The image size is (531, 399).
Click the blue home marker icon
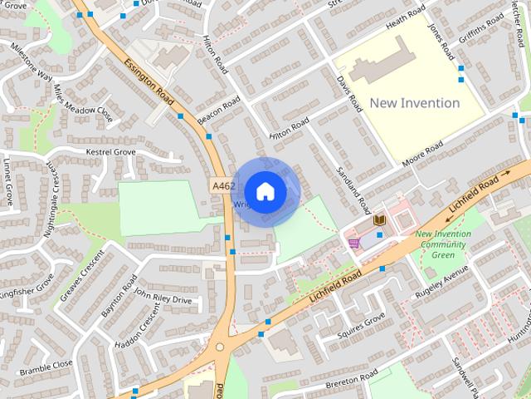[265, 191]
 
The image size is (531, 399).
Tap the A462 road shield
[222, 186]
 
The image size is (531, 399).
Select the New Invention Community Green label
[443, 244]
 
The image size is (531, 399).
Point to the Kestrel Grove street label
[111, 152]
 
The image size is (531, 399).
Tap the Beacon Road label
[219, 107]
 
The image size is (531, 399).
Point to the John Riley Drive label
[163, 297]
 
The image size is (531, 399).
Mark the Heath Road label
[406, 21]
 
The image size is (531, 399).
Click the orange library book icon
[380, 219]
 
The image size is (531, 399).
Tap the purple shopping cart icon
[354, 243]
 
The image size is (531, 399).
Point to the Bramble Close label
[46, 364]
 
